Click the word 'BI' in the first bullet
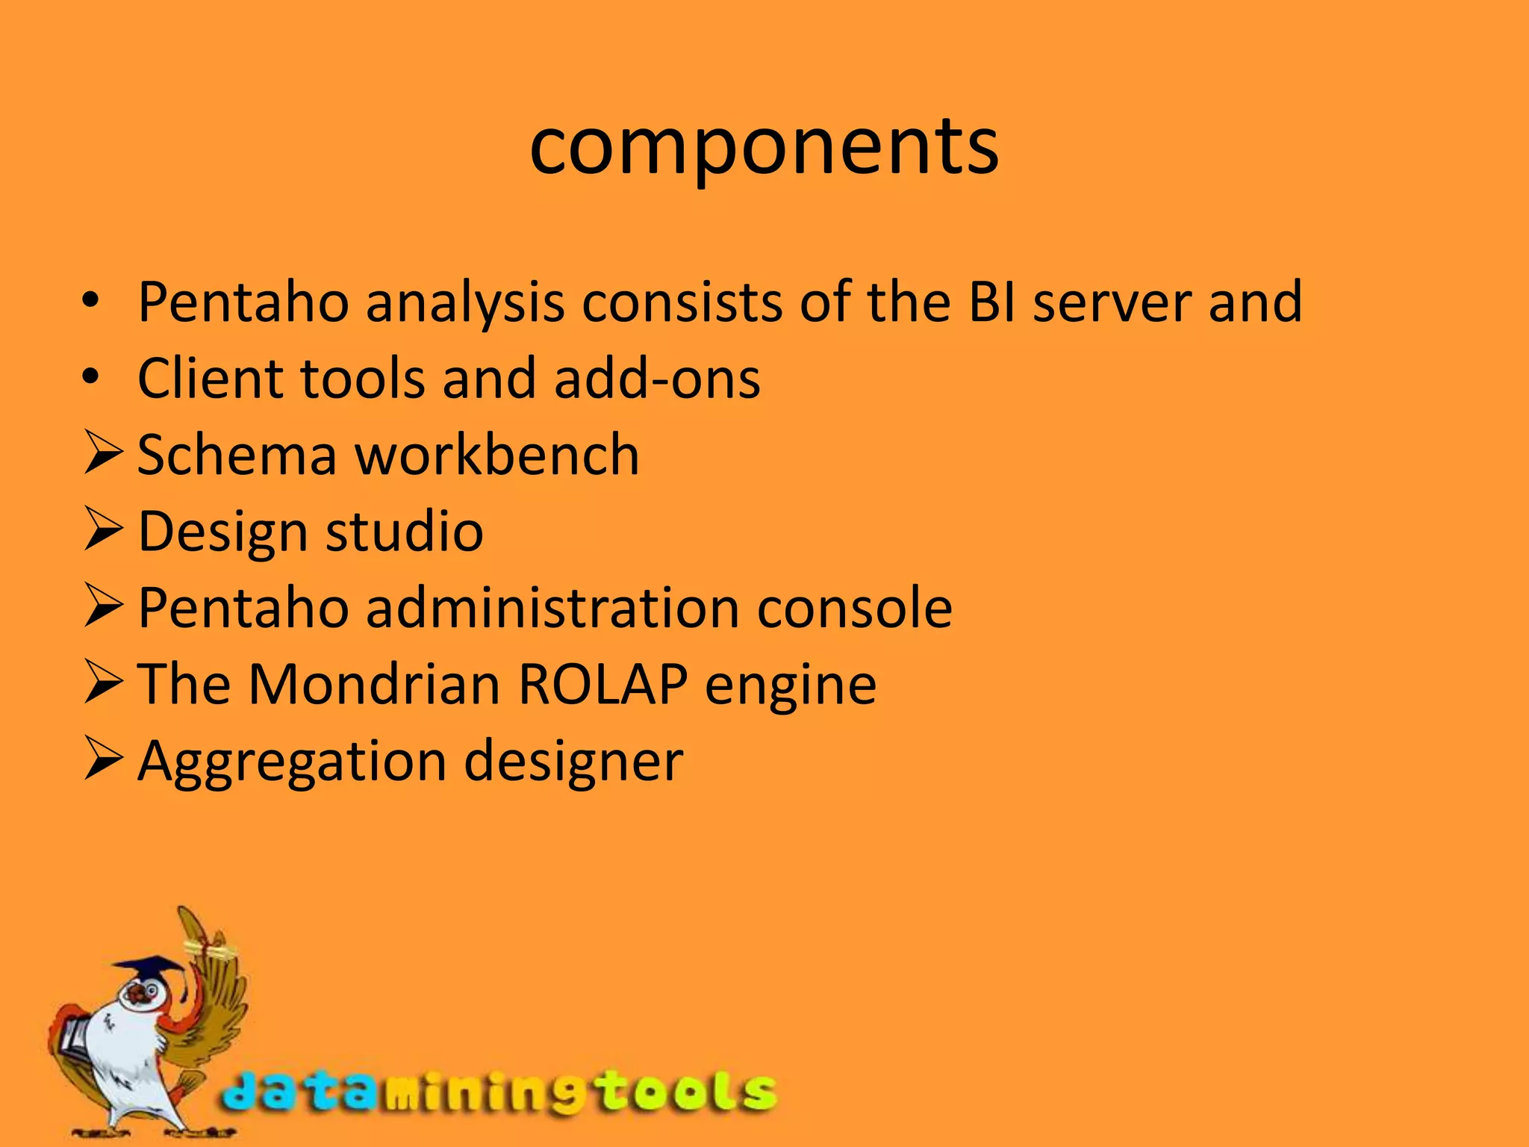(992, 302)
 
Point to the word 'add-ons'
(657, 379)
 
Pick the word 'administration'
(552, 608)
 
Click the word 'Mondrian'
(374, 684)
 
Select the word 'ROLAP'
(602, 684)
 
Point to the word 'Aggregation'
(292, 762)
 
